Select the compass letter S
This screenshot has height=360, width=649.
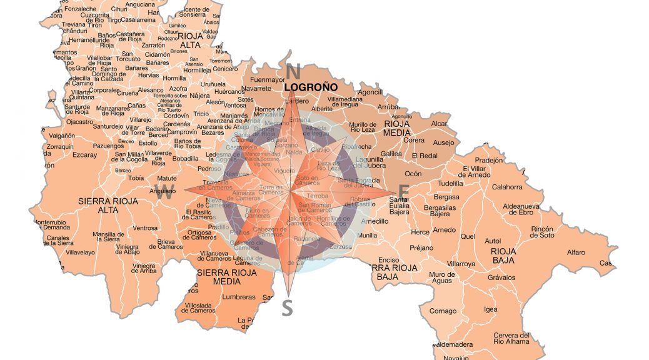(287, 307)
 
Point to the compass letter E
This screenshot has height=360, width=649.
(404, 191)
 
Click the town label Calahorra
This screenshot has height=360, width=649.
(507, 187)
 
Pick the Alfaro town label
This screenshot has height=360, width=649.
(576, 252)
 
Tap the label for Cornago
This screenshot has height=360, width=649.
(443, 311)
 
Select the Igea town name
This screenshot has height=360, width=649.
(491, 309)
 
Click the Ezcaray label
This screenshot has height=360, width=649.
(85, 154)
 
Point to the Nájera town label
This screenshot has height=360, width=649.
(199, 96)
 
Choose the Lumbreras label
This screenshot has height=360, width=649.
(239, 297)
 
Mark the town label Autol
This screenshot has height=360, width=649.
(493, 241)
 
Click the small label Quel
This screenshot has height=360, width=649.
(468, 237)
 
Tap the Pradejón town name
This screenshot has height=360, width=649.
(488, 159)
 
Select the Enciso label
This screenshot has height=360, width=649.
(388, 260)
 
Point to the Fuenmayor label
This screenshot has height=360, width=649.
(268, 80)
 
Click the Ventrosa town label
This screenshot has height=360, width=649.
(145, 228)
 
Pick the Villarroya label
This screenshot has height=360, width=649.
(461, 264)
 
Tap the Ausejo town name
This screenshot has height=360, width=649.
(444, 142)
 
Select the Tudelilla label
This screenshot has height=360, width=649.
(450, 184)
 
